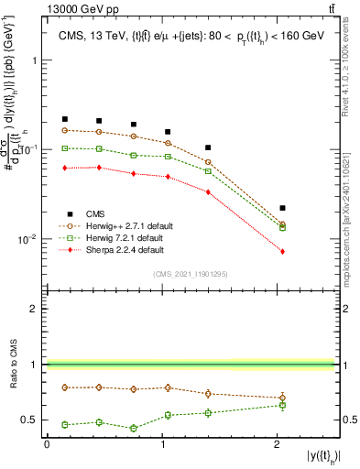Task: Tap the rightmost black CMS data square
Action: point(282,208)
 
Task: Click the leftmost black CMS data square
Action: point(65,119)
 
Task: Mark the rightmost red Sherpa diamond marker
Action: point(282,251)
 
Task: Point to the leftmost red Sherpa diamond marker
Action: point(65,168)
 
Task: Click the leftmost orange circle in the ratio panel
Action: point(65,387)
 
